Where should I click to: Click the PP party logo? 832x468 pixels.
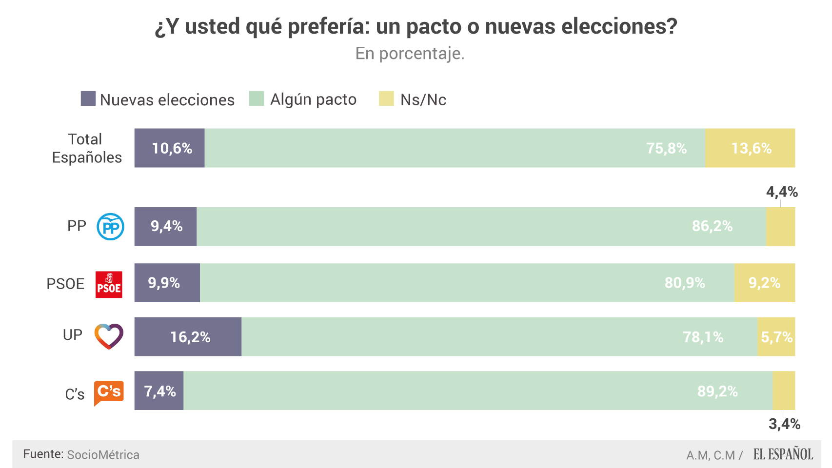pos(110,227)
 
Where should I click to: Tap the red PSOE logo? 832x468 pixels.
pos(109,284)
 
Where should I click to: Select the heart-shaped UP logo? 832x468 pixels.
pos(109,336)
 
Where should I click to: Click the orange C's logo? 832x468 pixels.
pos(109,392)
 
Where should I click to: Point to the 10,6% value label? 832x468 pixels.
pos(172,148)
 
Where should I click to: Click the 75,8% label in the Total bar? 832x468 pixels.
pos(666,148)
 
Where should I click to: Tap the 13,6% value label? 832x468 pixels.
pos(751,148)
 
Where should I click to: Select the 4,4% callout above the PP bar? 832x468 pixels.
pos(782,192)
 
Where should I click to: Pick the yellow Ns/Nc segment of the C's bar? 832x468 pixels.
pos(784,390)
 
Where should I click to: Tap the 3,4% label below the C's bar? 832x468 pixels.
pos(784,424)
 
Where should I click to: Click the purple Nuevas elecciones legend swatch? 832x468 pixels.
pos(88,99)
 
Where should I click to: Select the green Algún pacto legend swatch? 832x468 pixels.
pos(257,98)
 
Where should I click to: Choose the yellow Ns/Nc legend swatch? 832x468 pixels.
pos(386,98)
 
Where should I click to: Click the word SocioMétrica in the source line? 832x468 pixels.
pos(103,455)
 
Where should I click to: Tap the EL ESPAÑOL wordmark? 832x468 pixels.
pos(783,454)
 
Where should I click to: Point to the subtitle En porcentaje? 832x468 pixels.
pos(410,53)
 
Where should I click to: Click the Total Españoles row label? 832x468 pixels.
pos(86,148)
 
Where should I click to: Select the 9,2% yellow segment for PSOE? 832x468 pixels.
pos(764,283)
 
